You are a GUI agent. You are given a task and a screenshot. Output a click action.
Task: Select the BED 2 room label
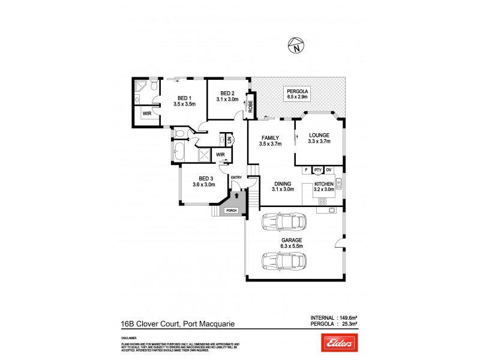(226, 93)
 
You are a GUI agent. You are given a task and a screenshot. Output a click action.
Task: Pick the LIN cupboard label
(229, 139)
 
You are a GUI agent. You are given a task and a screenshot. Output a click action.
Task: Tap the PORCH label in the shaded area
(231, 211)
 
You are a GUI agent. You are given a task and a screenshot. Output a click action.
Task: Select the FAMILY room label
(269, 137)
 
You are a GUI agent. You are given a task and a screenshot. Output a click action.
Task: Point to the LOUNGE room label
(319, 135)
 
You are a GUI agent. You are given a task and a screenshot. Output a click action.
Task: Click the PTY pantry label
(318, 170)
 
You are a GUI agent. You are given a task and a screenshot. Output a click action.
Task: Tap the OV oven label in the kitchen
(329, 170)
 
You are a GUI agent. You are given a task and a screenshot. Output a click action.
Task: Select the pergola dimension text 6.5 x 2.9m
(297, 97)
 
